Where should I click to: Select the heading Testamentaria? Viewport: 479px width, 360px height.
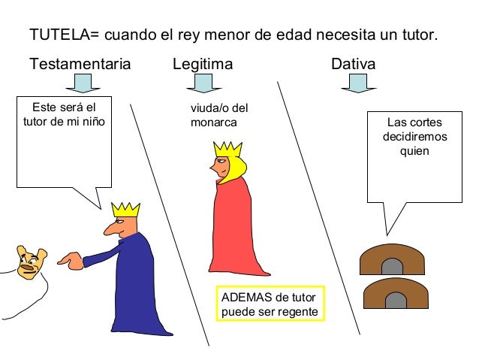[80, 65]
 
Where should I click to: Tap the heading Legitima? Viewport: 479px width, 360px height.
[202, 65]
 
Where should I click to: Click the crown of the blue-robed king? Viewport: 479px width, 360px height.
[125, 207]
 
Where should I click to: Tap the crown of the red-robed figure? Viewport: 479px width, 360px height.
[224, 148]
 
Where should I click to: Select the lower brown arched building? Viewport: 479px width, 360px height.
[393, 295]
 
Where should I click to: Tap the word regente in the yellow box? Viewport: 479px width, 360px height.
[299, 312]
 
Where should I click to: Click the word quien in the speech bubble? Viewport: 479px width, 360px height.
[414, 152]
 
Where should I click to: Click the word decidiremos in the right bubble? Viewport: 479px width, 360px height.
[414, 138]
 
